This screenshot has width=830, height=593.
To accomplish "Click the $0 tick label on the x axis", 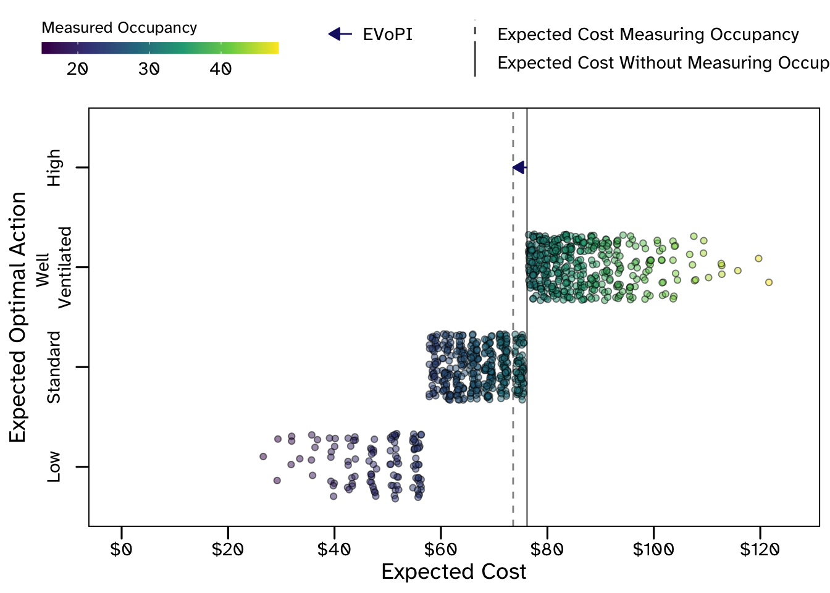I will point(121,549).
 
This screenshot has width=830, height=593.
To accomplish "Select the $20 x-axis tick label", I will point(227,549).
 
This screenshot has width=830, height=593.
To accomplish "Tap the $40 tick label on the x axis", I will point(334,549).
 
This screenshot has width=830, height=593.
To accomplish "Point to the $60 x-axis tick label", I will point(440,549).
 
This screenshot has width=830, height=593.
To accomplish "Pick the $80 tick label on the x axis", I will point(547,549).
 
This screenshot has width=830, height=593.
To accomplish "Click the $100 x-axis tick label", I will point(653,549).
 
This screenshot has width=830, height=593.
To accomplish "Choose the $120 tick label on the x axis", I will point(760,549).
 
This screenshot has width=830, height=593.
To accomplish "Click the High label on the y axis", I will point(54,167).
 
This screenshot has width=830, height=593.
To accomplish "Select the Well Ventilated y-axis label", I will point(54,267).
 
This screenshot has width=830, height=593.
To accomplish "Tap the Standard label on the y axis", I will point(54,367).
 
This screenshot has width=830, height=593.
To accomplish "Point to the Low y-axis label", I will point(54,466).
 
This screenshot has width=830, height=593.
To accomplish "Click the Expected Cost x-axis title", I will point(454,572).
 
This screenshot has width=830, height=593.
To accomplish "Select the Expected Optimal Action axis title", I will point(19,317).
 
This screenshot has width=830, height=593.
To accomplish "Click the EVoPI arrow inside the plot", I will point(519,167).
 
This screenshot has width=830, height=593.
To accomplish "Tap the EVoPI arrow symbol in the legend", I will point(340,34).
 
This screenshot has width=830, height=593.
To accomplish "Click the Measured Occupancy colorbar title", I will point(119,28).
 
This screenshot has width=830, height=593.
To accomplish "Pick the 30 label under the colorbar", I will point(149,69).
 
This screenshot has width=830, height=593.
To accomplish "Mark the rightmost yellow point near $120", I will point(769,282).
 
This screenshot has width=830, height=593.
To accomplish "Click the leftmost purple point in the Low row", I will point(263,456).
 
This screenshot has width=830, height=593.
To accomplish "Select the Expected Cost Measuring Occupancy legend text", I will point(648,35).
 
